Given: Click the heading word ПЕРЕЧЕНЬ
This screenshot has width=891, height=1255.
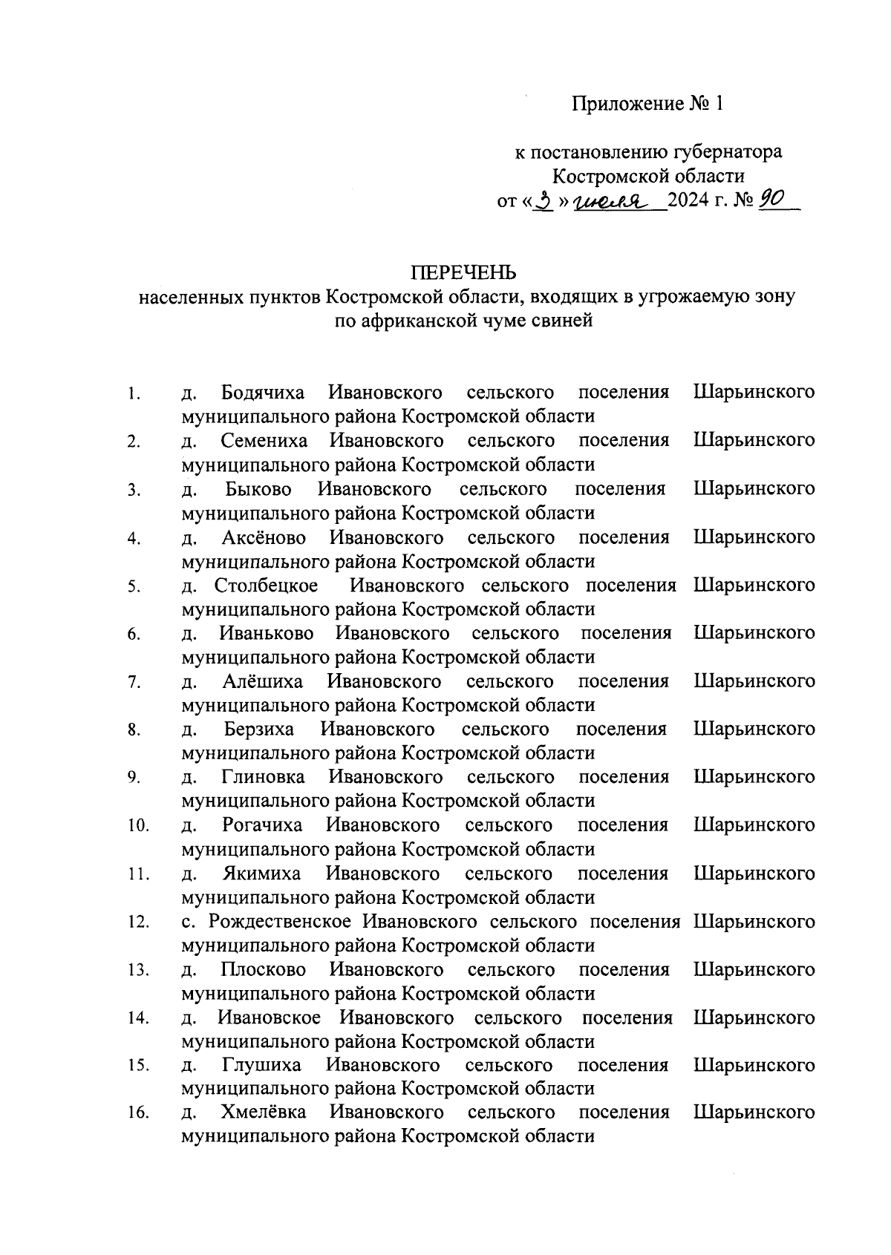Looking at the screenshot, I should [468, 272].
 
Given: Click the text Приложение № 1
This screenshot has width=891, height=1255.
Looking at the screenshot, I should [647, 103].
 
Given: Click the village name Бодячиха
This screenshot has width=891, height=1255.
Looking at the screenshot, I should [263, 392].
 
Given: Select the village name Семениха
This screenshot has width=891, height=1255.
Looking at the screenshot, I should [264, 440].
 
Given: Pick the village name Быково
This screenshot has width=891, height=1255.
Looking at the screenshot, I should [258, 488].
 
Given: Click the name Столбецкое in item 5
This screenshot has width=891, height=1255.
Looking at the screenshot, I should [266, 585].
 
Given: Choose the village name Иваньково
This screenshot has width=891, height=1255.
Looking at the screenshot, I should [267, 633].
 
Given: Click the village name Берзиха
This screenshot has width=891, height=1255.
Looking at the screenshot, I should [259, 729].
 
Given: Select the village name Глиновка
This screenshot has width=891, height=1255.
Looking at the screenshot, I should [263, 777].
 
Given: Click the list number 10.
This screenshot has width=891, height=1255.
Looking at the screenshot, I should [137, 825].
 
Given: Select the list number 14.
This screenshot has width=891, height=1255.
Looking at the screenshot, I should [137, 1018].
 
